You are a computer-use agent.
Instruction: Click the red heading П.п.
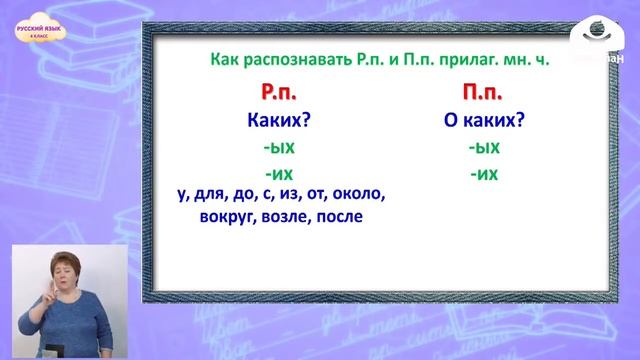click(484, 94)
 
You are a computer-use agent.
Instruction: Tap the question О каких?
click(484, 122)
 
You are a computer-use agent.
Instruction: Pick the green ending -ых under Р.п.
click(274, 148)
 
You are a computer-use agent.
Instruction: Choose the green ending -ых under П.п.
click(484, 148)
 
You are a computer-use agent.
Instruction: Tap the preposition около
click(354, 194)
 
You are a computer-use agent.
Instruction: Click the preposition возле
click(284, 216)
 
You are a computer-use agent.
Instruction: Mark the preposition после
click(339, 216)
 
